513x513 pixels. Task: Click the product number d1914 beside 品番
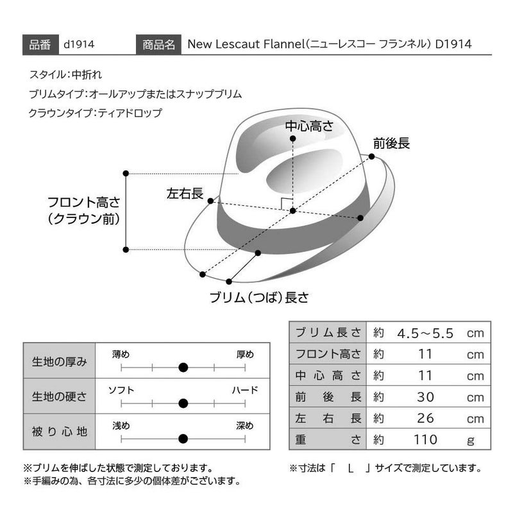79,44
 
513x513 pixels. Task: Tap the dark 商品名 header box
158,44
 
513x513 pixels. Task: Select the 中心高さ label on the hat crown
309,126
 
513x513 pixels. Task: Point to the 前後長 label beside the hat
391,143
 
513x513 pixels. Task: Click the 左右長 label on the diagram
185,194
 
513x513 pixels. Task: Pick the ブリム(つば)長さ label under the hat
259,298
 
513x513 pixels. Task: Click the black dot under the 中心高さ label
293,139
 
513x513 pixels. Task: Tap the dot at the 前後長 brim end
371,156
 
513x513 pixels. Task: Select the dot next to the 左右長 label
211,201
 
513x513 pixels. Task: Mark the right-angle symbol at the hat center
286,203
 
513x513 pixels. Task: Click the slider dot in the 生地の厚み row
183,367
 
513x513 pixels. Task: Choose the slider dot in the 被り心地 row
183,439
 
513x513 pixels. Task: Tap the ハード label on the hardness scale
245,390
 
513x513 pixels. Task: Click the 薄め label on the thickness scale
121,355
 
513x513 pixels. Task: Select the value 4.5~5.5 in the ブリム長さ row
425,333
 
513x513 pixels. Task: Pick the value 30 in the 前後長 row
425,397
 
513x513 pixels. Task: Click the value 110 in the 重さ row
425,440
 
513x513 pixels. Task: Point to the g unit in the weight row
471,441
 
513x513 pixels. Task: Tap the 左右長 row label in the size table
328,419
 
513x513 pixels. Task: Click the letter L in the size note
350,469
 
